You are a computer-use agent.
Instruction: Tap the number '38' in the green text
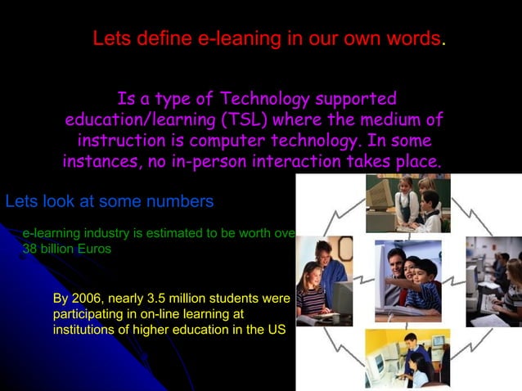click(x=29, y=249)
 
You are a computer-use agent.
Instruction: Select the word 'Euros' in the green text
click(x=94, y=249)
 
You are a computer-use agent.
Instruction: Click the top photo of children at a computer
click(x=407, y=204)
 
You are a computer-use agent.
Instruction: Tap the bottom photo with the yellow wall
click(x=407, y=357)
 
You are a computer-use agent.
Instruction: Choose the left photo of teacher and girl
click(x=324, y=279)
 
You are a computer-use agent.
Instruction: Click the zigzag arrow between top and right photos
click(x=475, y=213)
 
